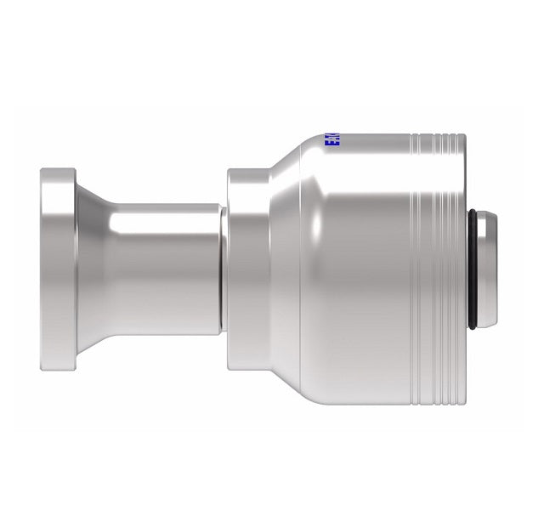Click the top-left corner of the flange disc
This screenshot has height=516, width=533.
42,171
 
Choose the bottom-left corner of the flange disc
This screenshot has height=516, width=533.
42,370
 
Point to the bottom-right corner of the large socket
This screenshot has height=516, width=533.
464,401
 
